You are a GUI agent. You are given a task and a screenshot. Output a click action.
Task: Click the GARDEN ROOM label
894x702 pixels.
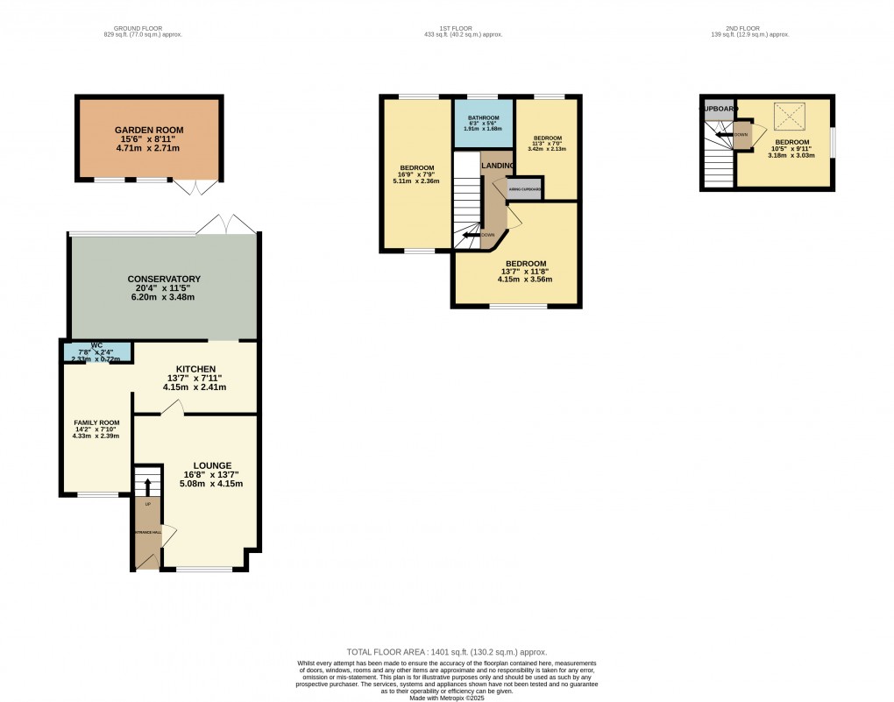pyautogui.click(x=148, y=129)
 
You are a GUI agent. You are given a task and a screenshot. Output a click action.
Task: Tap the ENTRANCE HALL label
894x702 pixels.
pyautogui.click(x=147, y=532)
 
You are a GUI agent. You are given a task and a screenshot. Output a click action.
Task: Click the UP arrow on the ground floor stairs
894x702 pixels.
pyautogui.click(x=147, y=485)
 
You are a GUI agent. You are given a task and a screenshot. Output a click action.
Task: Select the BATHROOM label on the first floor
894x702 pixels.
pyautogui.click(x=482, y=117)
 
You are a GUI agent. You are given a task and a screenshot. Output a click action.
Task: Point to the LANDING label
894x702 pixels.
pyautogui.click(x=496, y=166)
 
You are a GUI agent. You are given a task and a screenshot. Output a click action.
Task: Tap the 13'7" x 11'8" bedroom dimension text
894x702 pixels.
pyautogui.click(x=525, y=272)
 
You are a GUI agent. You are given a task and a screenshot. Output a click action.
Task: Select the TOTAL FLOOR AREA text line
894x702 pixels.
pyautogui.click(x=447, y=652)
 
